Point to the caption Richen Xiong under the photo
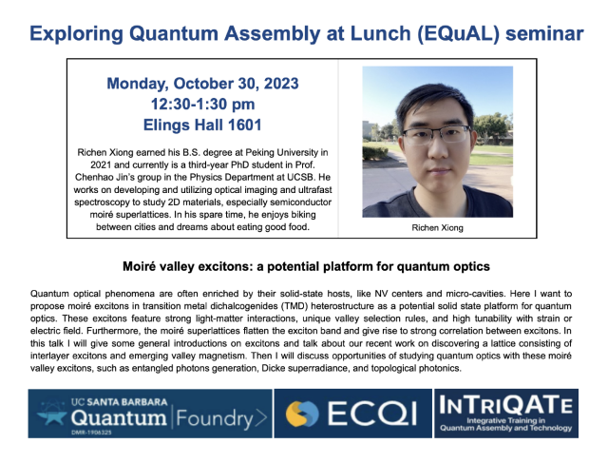click(x=437, y=229)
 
